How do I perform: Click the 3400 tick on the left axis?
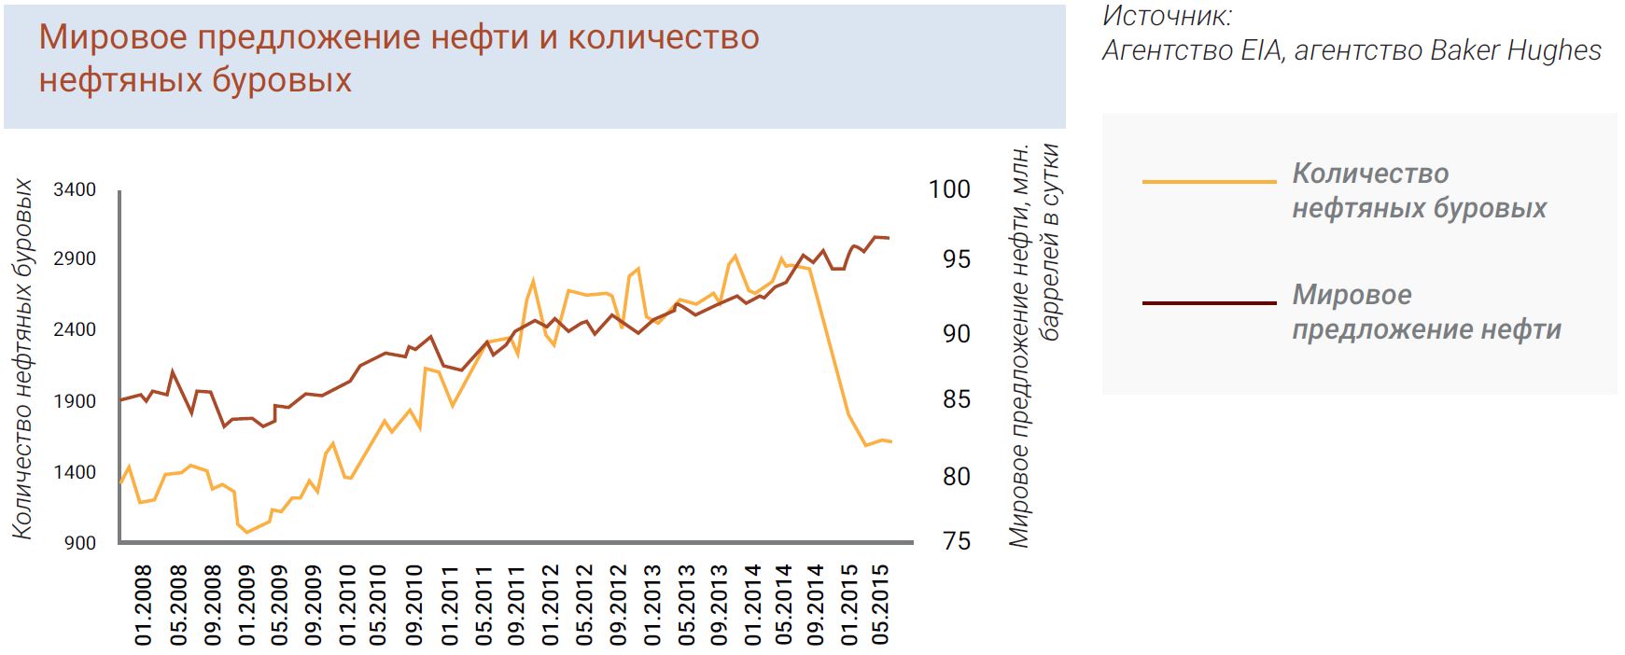tap(75, 190)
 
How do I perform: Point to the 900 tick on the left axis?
tap(80, 543)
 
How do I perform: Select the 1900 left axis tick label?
tap(75, 401)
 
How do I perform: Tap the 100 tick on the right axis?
tap(949, 189)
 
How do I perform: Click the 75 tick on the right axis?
tap(956, 542)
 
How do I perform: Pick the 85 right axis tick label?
tap(956, 399)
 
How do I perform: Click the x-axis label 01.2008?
tap(144, 605)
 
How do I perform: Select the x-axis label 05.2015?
tap(879, 605)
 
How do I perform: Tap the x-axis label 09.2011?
tap(516, 605)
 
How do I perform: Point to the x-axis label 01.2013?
tap(652, 605)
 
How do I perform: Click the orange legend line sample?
tap(1209, 181)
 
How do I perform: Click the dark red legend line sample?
tap(1209, 303)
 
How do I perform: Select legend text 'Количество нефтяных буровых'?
tap(1418, 190)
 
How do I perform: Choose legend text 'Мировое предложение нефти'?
tap(1425, 313)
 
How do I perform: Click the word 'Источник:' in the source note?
tap(1167, 16)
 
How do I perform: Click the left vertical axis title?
tap(22, 359)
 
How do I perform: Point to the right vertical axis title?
tap(1034, 345)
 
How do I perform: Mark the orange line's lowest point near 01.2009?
tap(247, 532)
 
